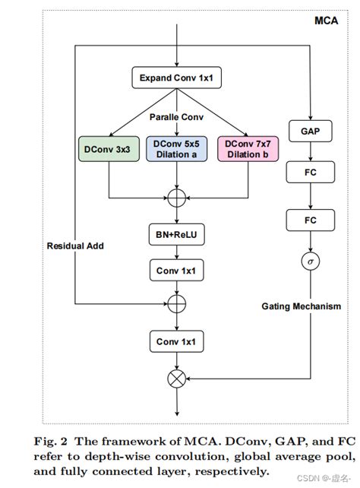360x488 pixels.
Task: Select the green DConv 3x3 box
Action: [x=109, y=148]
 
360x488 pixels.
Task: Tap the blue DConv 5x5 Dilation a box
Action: [x=177, y=148]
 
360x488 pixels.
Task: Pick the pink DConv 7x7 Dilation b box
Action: [x=246, y=148]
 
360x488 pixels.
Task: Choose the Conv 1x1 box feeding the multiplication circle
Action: [x=177, y=342]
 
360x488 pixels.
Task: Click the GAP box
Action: [x=309, y=131]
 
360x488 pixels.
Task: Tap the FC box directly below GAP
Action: [x=309, y=173]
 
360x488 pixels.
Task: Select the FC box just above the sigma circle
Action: [x=309, y=220]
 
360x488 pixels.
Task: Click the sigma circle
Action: [x=309, y=261]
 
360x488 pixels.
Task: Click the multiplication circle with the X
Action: [x=177, y=378]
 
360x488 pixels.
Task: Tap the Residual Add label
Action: [x=75, y=246]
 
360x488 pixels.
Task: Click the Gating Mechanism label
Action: [x=301, y=306]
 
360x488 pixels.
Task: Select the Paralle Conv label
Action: [x=176, y=117]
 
